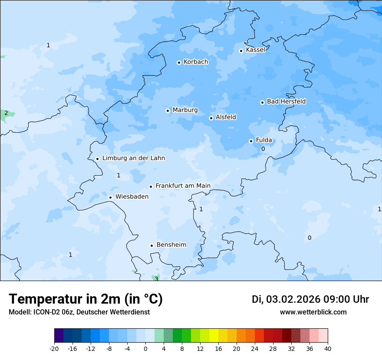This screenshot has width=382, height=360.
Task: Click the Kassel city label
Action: click(255, 50)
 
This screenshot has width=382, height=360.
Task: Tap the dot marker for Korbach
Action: click(179, 62)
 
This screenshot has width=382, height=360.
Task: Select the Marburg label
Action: click(185, 110)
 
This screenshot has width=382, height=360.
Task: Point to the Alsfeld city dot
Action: click(211, 118)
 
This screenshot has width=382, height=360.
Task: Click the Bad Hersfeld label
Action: click(286, 101)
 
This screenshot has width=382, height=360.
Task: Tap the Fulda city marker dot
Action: click(251, 141)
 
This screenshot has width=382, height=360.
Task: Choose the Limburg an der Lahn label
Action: click(134, 158)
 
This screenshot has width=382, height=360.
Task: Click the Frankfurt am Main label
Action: click(183, 186)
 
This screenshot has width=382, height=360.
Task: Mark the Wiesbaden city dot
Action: click(110, 197)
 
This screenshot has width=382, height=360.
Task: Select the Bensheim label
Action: click(171, 245)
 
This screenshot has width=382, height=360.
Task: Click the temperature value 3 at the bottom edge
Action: click(156, 278)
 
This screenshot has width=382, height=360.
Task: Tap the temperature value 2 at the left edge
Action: click(6, 113)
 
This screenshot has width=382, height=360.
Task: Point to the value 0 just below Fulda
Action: click(263, 149)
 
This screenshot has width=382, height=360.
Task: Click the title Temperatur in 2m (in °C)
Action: click(86, 299)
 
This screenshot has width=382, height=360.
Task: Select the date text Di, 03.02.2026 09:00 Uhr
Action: click(310, 299)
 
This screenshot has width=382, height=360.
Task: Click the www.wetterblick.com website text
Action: click(313, 312)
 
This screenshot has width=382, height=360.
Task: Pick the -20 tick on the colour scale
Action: click(54, 349)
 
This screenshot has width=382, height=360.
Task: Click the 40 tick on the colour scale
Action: click(327, 349)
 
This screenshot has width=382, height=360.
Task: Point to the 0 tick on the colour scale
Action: click(145, 349)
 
